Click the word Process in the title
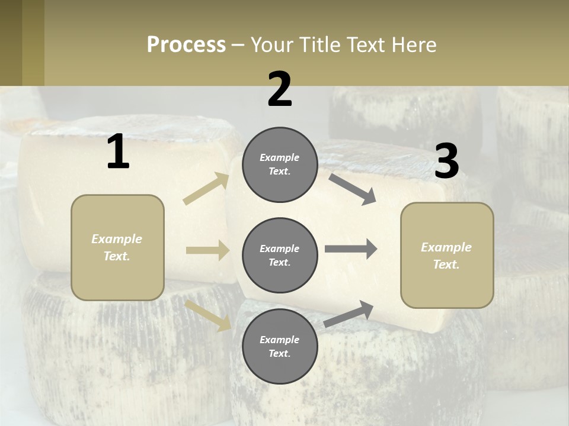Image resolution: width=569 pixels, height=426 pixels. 186,45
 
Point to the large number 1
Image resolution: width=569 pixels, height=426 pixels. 118,152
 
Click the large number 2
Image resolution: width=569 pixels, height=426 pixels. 280,89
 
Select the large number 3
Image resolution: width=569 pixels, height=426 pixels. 446,161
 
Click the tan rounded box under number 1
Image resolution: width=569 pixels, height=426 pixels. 117,247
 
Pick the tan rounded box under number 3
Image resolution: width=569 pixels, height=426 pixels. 447,256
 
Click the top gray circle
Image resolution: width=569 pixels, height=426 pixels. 280,164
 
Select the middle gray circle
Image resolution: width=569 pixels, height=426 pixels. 280,256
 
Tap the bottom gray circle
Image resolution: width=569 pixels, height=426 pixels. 280,347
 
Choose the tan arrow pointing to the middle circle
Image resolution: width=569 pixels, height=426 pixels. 207,250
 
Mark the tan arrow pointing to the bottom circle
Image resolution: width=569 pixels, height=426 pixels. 208,315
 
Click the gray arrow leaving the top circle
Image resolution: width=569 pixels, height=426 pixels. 352,189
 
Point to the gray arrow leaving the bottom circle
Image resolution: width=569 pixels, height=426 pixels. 349,314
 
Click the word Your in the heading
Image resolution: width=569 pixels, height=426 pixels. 270,45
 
